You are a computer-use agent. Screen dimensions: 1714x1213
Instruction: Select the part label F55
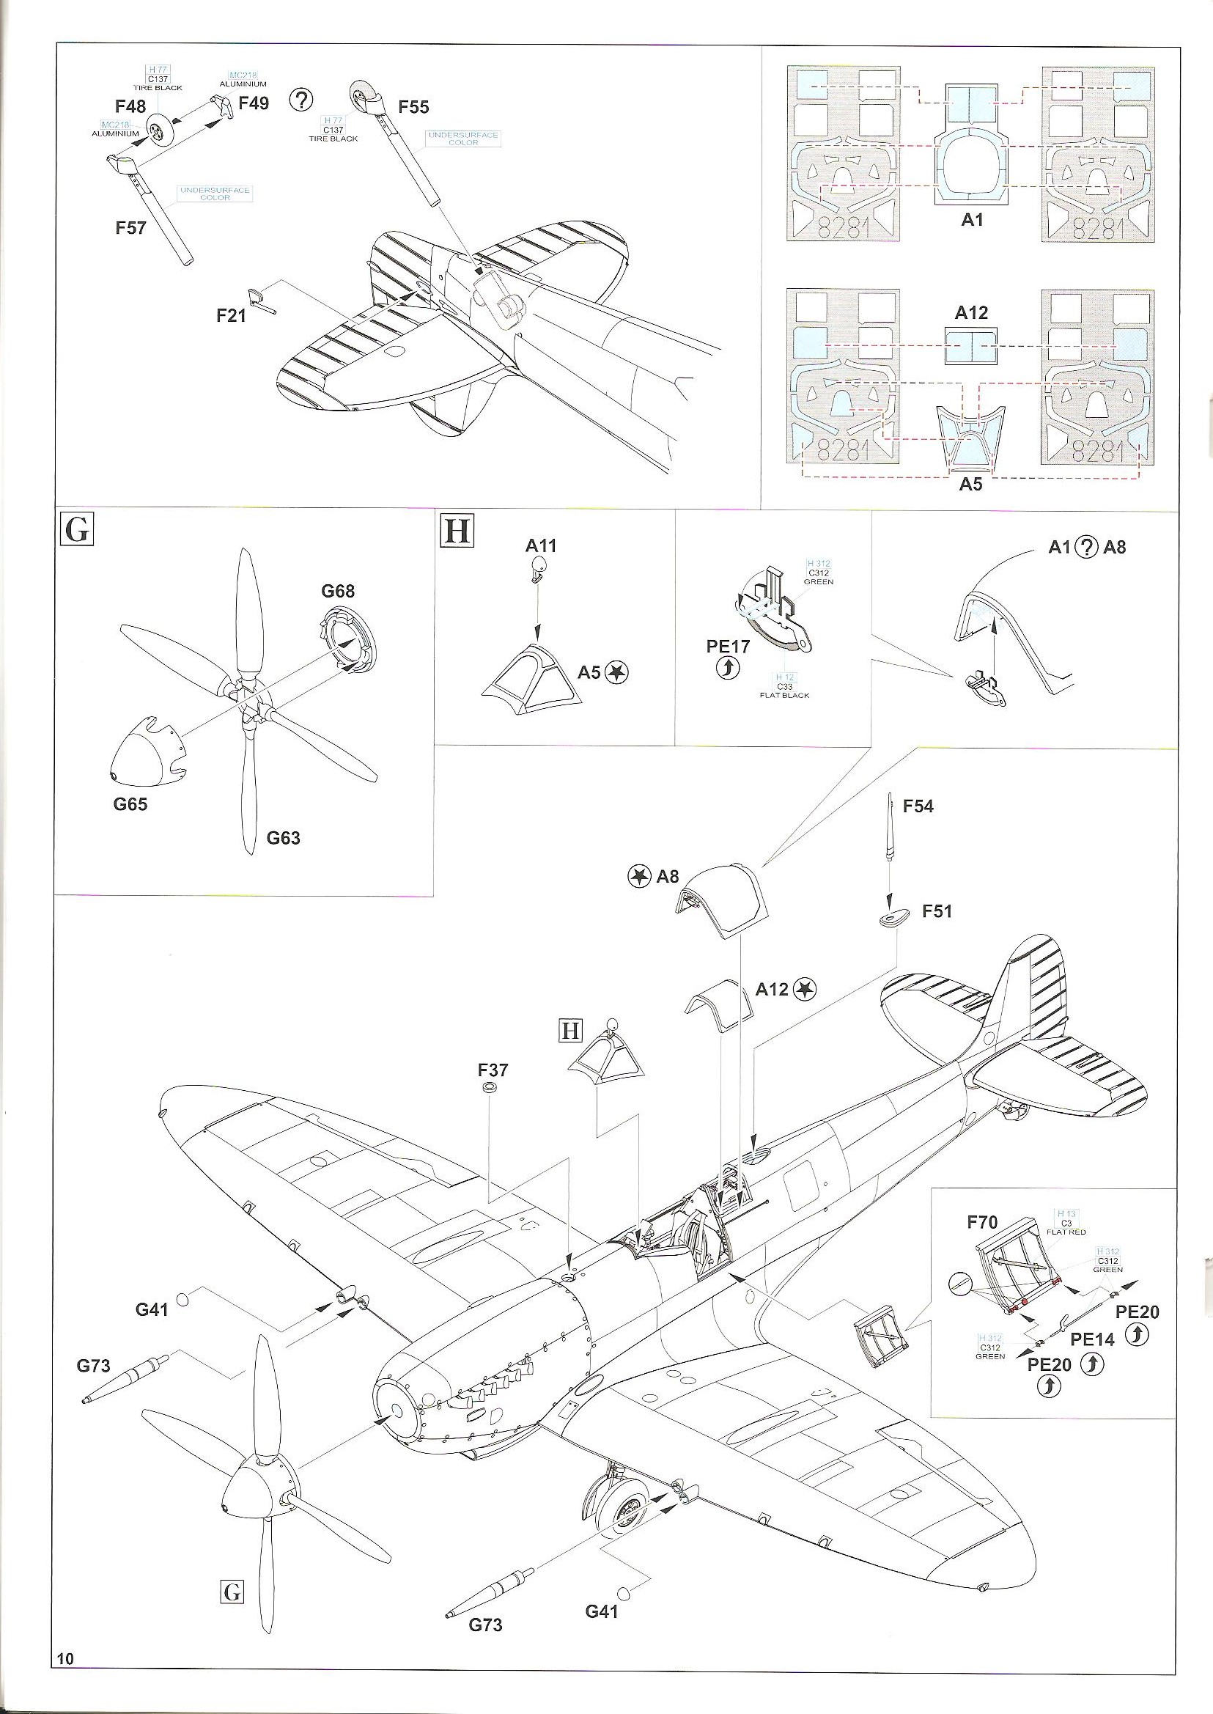tap(413, 108)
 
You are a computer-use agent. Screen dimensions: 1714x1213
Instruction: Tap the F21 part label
tap(231, 316)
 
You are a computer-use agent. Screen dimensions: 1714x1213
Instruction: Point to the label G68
tap(338, 592)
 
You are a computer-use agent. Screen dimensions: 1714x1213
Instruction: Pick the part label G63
tap(283, 839)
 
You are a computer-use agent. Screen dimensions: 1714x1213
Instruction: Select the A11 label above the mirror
tap(541, 546)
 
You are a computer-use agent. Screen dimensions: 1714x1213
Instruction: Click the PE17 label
tap(728, 647)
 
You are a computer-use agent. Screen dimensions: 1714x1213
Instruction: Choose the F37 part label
tap(493, 1070)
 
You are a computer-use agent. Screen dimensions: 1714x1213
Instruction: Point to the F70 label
tap(982, 1223)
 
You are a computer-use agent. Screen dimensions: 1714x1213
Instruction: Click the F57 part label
tap(130, 227)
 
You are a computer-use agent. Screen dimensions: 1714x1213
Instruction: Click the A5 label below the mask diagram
tap(971, 485)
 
